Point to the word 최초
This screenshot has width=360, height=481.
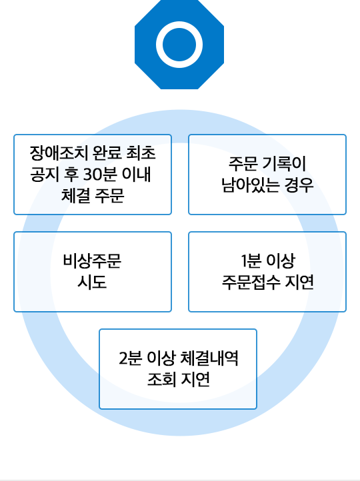[x=141, y=153]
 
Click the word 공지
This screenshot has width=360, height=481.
[x=45, y=175]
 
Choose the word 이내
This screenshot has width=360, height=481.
[x=137, y=175]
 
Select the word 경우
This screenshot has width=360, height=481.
[x=299, y=185]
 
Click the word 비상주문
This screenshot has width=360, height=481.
[x=93, y=260]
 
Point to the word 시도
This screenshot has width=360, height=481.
[x=92, y=282]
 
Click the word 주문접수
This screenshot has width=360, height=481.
[x=251, y=282]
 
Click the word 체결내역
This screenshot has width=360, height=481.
[x=209, y=358]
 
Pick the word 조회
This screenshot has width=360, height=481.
[x=162, y=380]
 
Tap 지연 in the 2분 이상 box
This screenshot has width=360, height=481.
[x=195, y=380]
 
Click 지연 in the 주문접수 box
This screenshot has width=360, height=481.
[x=299, y=282]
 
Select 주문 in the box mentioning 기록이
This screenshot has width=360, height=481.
[x=243, y=163]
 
